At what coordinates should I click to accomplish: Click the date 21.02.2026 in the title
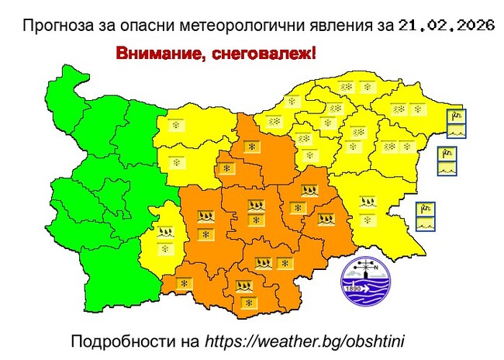447,26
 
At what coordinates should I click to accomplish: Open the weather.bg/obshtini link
311,341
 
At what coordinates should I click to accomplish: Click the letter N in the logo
378,269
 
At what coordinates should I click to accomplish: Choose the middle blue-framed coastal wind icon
447,161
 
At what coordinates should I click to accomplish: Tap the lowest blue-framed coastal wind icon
425,216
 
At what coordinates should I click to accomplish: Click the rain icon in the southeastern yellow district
365,203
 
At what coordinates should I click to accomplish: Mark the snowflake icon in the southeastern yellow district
366,219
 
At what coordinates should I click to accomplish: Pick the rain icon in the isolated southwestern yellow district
165,231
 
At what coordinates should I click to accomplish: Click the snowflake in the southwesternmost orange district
185,285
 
